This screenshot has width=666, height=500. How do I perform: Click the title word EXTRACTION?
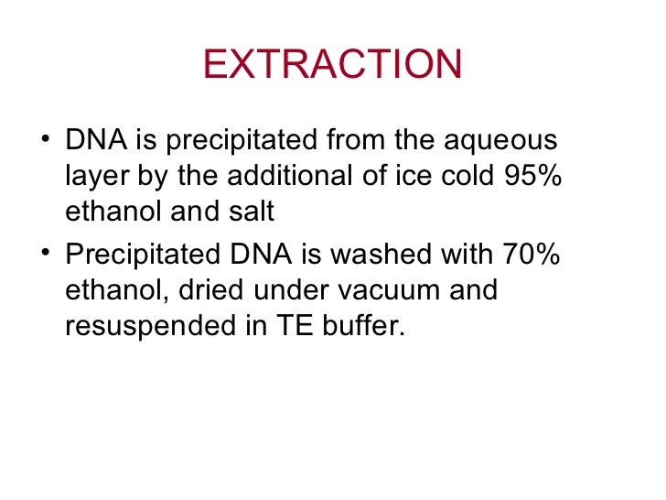click(333, 64)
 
